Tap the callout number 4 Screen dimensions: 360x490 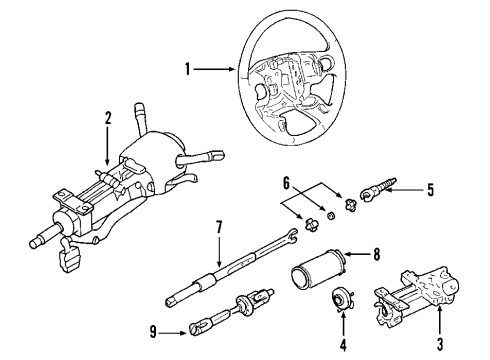(x=344, y=346)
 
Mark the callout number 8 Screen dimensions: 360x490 (x=376, y=255)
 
